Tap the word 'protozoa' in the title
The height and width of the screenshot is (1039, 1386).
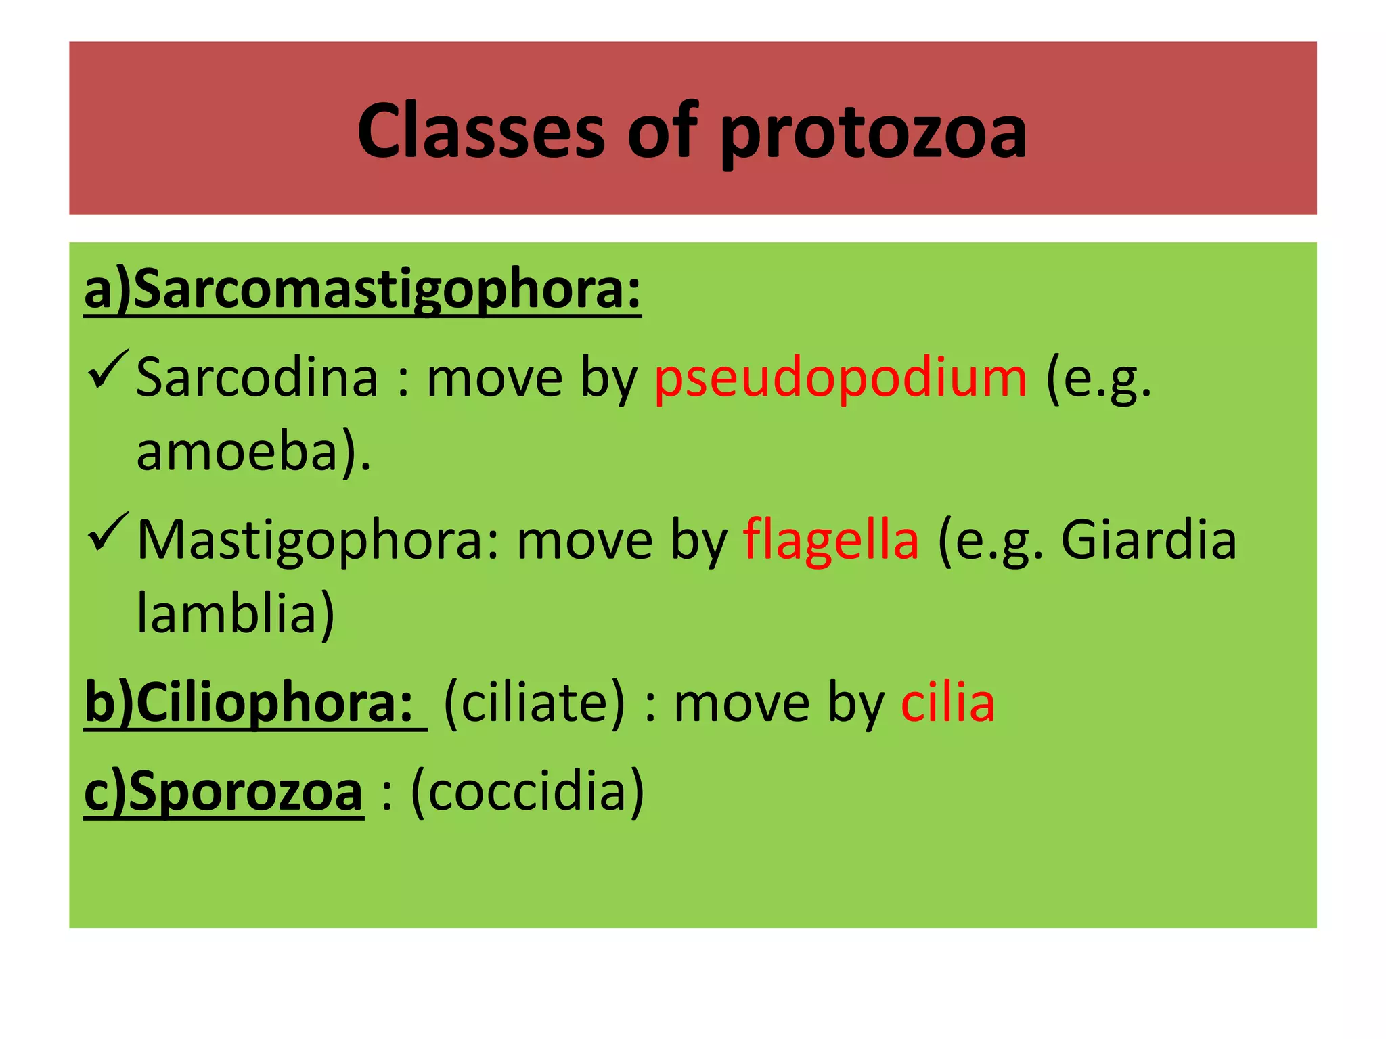873,133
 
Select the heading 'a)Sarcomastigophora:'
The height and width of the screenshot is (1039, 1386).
363,290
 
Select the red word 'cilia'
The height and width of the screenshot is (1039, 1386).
947,703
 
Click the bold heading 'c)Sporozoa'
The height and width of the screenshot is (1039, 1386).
223,793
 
